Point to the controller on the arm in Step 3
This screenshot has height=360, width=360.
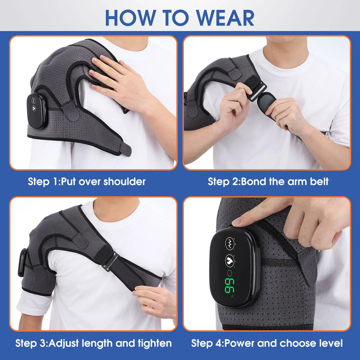click(22, 263)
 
